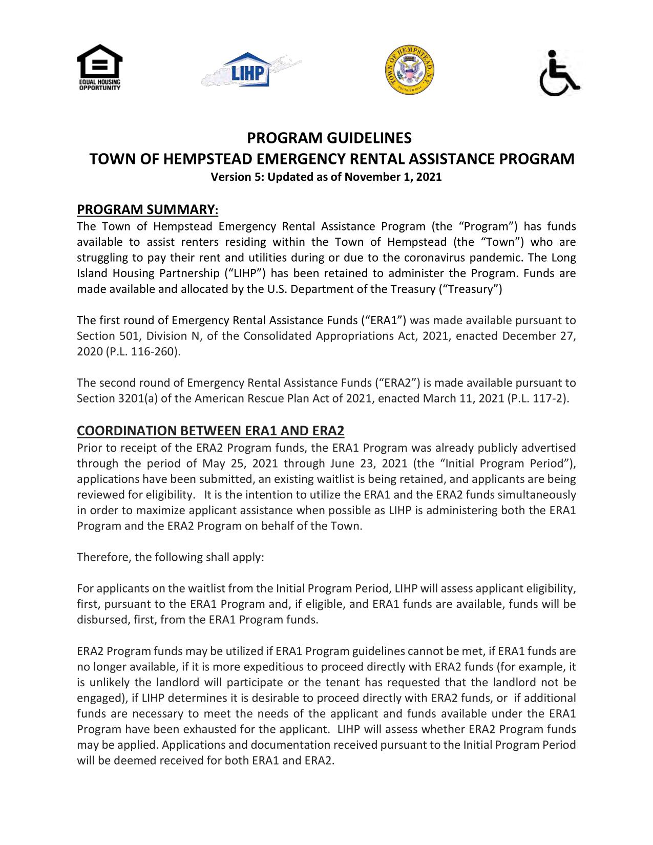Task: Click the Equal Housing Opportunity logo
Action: pyautogui.click(x=99, y=67)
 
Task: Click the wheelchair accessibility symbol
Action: pyautogui.click(x=559, y=73)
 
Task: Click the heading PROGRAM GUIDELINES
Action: pyautogui.click(x=329, y=138)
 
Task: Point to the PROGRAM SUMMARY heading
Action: pyautogui.click(x=148, y=209)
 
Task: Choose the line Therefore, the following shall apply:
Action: pyautogui.click(x=170, y=557)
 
